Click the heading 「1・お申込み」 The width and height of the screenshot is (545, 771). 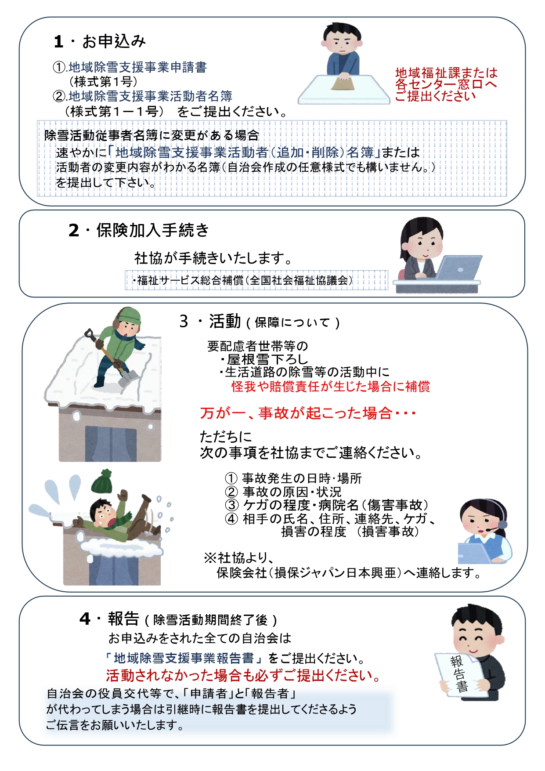pyautogui.click(x=100, y=42)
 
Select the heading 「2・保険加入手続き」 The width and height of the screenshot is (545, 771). pyautogui.click(x=138, y=230)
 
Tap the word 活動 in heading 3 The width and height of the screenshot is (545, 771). pyautogui.click(x=225, y=322)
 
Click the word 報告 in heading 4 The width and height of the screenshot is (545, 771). pyautogui.click(x=123, y=619)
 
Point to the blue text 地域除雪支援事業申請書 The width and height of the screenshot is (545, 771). pyautogui.click(x=137, y=67)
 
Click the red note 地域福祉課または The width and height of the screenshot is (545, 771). pyautogui.click(x=446, y=72)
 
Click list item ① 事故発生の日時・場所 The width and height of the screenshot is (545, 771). pyautogui.click(x=293, y=478)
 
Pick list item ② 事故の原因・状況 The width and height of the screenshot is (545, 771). pyautogui.click(x=283, y=492)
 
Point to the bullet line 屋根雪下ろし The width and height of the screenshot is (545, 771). pyautogui.click(x=264, y=359)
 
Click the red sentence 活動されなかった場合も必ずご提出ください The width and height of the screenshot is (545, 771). pyautogui.click(x=243, y=675)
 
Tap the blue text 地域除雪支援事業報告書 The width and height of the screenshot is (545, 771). pyautogui.click(x=184, y=658)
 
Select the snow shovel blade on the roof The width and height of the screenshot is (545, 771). pyautogui.click(x=129, y=378)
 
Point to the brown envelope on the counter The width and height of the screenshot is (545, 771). pyautogui.click(x=343, y=83)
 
